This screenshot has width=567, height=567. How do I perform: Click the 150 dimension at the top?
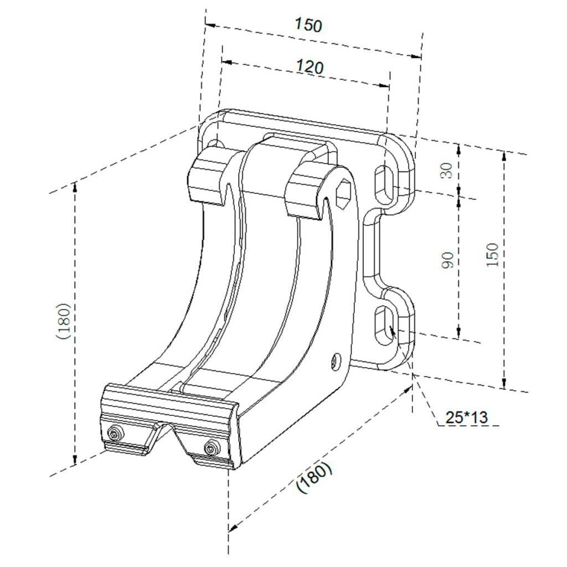308,24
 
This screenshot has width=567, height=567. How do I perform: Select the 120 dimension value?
310,67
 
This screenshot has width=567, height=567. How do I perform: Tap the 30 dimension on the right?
447,170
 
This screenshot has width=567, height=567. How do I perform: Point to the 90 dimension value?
447,260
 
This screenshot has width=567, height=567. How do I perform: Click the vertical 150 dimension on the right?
492,255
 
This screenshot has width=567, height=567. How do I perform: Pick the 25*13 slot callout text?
466,417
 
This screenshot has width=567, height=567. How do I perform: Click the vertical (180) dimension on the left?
63,321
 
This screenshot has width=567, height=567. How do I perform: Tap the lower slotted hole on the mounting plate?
385,325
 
